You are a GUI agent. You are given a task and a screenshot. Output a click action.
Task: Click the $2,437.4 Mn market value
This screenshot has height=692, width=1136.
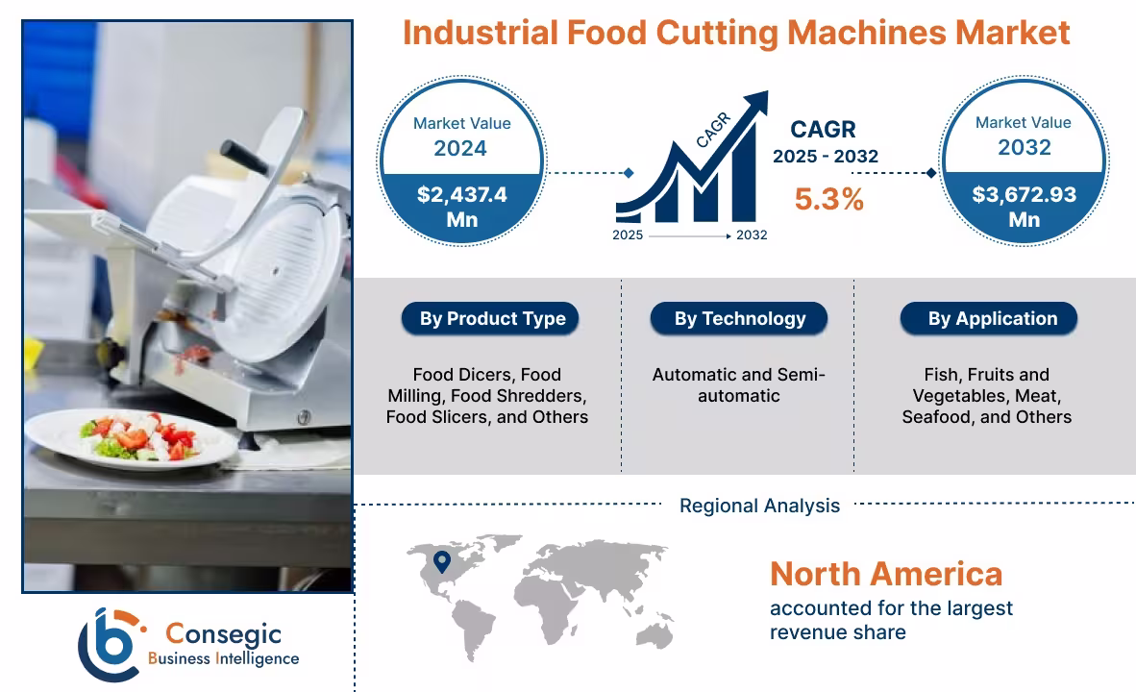click(x=462, y=207)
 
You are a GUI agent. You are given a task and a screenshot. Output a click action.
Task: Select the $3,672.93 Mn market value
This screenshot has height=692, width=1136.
click(x=1024, y=207)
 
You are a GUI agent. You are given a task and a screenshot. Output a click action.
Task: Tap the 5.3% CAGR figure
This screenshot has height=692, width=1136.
click(x=828, y=199)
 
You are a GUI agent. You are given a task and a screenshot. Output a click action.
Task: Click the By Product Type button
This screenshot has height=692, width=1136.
click(x=492, y=319)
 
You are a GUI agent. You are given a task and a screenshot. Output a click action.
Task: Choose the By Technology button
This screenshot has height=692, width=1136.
click(x=739, y=319)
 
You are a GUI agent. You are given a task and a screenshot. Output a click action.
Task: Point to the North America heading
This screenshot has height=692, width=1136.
click(x=885, y=574)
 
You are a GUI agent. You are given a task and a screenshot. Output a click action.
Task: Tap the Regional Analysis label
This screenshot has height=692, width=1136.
click(x=759, y=506)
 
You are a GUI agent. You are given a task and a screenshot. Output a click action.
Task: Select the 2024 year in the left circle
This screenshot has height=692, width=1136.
click(x=460, y=148)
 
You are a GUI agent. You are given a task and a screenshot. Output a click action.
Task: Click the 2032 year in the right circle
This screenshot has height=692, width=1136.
click(x=1024, y=148)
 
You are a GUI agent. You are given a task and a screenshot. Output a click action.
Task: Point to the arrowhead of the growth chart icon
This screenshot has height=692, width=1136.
click(x=757, y=101)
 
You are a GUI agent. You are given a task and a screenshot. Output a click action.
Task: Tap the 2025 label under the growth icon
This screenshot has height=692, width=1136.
click(x=629, y=235)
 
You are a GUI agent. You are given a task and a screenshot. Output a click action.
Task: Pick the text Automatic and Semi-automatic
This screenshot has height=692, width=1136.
click(x=739, y=384)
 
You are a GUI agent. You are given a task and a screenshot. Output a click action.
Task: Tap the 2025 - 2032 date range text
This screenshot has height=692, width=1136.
click(x=826, y=157)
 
